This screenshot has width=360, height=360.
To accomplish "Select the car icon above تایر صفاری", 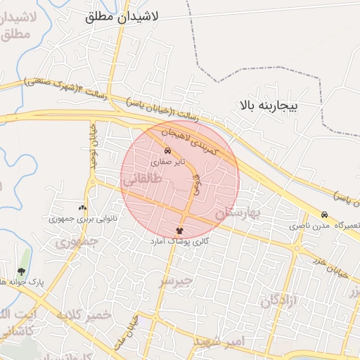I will click(167, 151).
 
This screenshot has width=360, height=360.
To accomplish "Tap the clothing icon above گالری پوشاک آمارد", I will click(180, 230).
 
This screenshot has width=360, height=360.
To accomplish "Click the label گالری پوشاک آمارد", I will click(180, 240).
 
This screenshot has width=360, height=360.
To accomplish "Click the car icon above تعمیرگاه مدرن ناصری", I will click(324, 215).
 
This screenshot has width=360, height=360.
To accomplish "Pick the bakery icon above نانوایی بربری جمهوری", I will click(83, 208).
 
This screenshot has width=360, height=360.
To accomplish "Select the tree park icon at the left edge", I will click(21, 271).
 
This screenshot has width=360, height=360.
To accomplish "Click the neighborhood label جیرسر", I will click(176, 281).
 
